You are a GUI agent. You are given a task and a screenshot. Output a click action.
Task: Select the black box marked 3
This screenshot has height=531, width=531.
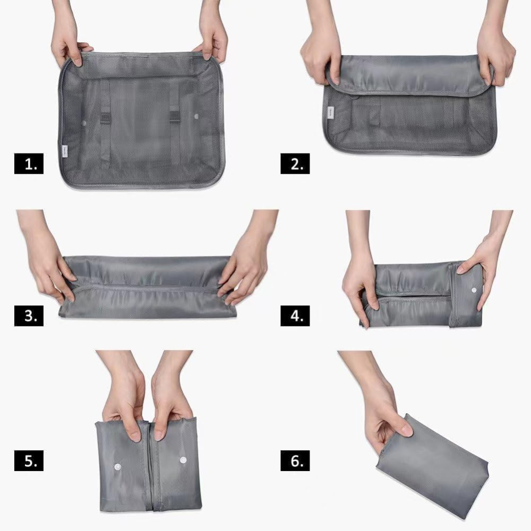pos(29,316)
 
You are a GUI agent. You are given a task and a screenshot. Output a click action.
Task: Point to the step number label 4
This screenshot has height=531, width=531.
pos(295,316)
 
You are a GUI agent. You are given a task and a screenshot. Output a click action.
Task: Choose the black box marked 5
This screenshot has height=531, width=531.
pos(29,461)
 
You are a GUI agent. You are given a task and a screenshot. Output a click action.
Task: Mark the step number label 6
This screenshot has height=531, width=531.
pos(295,461)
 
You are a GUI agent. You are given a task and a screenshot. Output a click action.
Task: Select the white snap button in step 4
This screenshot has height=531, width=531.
pos(474,290)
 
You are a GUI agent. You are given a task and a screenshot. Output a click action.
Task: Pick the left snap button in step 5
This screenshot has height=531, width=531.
pos(118,466)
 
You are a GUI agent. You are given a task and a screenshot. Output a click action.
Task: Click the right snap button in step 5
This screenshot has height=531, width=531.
pos(183,460)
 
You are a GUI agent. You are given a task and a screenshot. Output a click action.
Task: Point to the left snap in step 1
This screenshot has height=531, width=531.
pos(85,123)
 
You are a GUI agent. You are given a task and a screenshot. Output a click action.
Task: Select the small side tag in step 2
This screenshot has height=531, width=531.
pos(330,112)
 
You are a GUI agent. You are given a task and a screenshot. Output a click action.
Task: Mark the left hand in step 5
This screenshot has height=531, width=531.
pos(125,404)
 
